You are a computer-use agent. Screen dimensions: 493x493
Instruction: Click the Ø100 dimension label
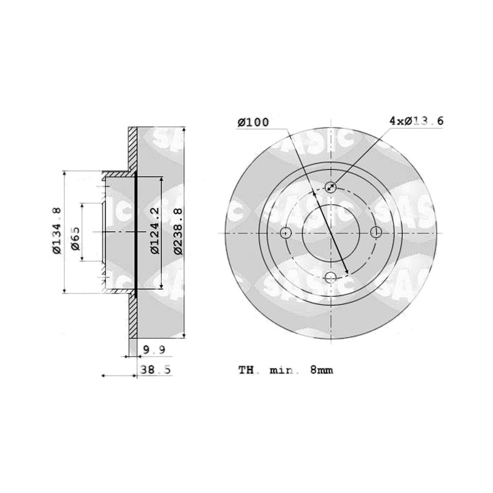(253, 122)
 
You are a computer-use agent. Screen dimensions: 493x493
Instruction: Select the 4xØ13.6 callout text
(417, 121)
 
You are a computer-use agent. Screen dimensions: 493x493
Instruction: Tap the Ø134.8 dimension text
(57, 230)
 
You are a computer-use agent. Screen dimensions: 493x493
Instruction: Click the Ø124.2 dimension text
(155, 230)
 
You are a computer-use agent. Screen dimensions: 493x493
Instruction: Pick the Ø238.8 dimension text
(178, 230)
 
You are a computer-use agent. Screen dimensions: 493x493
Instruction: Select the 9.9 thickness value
(154, 349)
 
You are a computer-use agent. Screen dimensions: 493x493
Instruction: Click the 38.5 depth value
(156, 369)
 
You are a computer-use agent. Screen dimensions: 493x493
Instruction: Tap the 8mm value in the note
(321, 370)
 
